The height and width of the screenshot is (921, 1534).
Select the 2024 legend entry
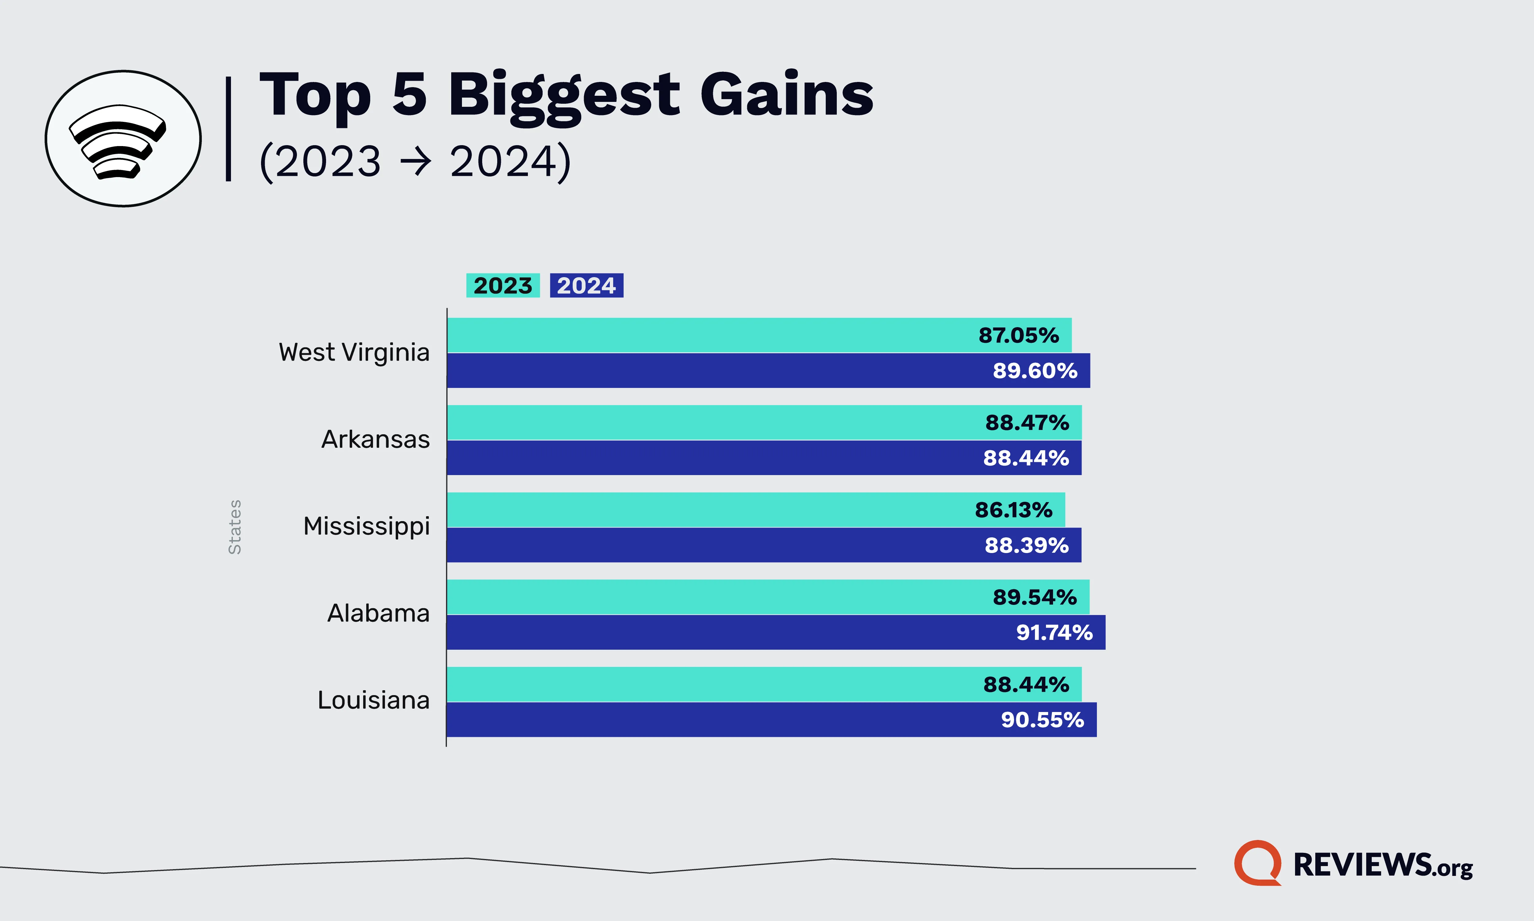coord(586,285)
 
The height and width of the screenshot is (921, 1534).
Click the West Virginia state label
coord(354,353)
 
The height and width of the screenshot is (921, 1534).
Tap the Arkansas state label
coord(375,439)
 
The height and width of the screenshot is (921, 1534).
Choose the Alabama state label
coord(379,613)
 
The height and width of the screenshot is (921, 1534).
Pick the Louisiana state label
coord(373,700)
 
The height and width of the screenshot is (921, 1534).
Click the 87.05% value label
coord(1019,335)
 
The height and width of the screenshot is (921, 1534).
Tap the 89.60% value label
coord(1035,370)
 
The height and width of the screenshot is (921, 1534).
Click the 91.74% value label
coord(1054,633)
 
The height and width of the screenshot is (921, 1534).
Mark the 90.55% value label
coord(1042,720)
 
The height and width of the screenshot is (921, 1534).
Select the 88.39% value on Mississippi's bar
coord(1027,546)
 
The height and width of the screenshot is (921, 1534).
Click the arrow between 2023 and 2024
coord(415,163)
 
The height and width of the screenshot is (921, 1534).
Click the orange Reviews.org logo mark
coord(1257,863)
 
